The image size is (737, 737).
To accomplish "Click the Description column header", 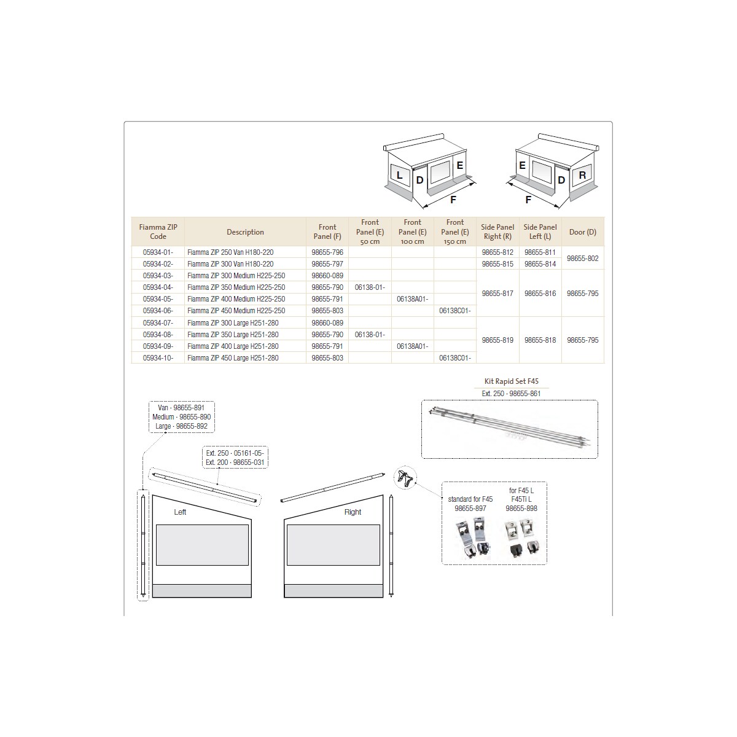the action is pyautogui.click(x=245, y=232).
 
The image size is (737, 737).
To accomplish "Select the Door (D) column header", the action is pyautogui.click(x=582, y=232).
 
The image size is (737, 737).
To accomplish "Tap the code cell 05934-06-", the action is pyautogui.click(x=158, y=311).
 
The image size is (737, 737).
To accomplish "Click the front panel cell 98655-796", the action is pyautogui.click(x=327, y=252).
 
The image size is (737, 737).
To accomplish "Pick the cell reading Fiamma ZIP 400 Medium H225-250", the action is pyautogui.click(x=236, y=298).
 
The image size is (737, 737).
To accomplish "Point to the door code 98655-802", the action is pyautogui.click(x=582, y=258).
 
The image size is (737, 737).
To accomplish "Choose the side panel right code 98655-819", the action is pyautogui.click(x=497, y=340).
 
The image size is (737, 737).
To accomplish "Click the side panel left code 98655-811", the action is pyautogui.click(x=540, y=252).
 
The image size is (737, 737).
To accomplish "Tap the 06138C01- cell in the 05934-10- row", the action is pyautogui.click(x=454, y=358).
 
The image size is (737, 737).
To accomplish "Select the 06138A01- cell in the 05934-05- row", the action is pyautogui.click(x=412, y=298).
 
